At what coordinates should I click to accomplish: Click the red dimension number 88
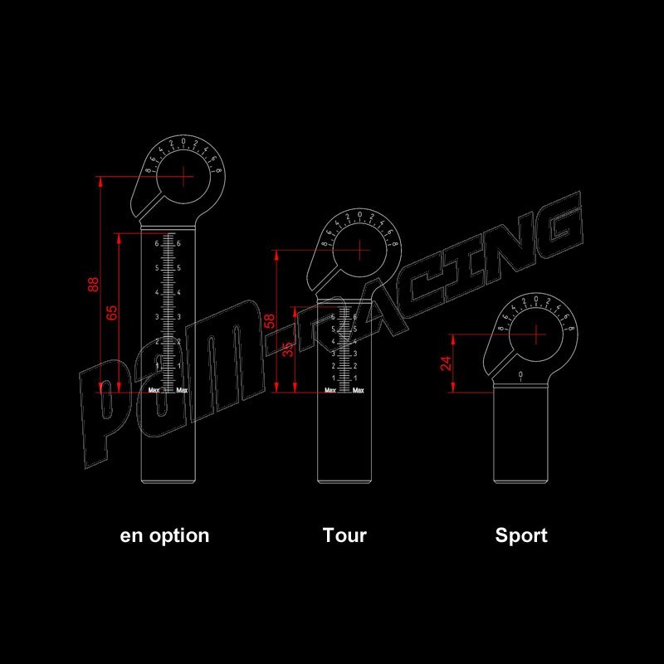click(94, 285)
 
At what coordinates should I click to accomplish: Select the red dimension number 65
click(113, 312)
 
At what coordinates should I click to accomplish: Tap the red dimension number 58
click(269, 322)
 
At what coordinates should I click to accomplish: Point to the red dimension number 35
click(287, 349)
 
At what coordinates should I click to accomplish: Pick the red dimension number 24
click(447, 364)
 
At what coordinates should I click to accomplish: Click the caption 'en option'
click(165, 535)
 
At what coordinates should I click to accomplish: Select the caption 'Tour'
click(344, 535)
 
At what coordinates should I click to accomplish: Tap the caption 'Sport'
click(521, 535)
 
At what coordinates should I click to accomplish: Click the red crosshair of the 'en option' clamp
click(184, 176)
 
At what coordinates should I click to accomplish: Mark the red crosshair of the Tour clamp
click(359, 250)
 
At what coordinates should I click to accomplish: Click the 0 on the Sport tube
click(520, 377)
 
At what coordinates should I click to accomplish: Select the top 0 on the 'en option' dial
click(184, 141)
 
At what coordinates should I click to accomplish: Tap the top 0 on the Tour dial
click(359, 215)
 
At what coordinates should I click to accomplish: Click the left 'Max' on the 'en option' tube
click(154, 390)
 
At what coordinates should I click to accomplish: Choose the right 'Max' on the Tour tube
click(359, 390)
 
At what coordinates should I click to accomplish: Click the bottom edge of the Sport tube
click(520, 481)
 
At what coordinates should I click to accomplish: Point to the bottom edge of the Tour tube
click(344, 481)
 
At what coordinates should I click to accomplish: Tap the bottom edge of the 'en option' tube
click(168, 481)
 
